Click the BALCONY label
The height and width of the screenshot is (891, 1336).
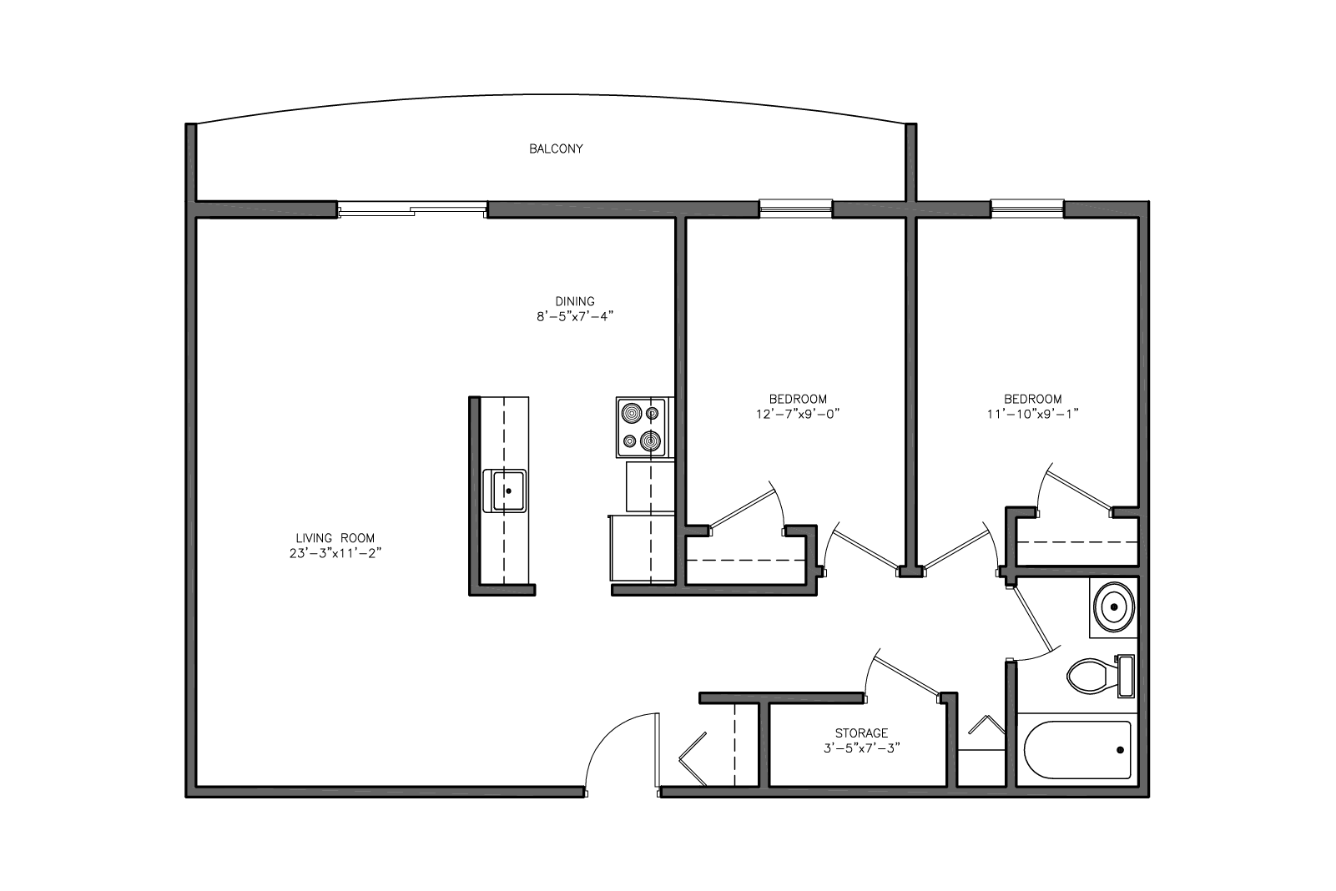tap(556, 148)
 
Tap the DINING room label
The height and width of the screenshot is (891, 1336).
tap(575, 301)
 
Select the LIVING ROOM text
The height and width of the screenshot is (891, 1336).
tap(335, 538)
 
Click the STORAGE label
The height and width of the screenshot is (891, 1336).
tap(861, 733)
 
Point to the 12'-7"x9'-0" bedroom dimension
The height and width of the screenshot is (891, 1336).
tap(798, 414)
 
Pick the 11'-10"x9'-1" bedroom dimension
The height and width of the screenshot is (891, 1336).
tap(1033, 414)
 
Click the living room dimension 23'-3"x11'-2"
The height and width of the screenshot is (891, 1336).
tap(335, 553)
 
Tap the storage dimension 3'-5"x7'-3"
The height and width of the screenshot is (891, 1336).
tap(862, 748)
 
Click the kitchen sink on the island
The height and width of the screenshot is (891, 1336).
tap(505, 491)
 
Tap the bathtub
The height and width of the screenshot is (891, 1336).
tap(1078, 750)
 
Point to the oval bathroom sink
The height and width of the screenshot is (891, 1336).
tap(1113, 607)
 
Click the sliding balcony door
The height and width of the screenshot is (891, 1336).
tap(412, 209)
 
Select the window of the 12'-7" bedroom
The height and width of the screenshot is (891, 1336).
tap(795, 208)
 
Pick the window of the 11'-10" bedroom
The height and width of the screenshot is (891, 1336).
tap(1027, 208)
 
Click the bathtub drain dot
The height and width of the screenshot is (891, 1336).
tap(1120, 750)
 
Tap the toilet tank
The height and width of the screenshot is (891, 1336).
tap(1126, 676)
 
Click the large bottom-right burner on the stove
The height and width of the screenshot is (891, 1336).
tap(650, 441)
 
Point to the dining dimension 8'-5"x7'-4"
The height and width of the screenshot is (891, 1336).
tap(575, 317)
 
